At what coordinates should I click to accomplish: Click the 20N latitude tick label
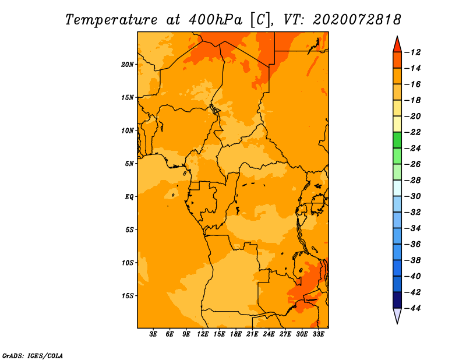(128, 65)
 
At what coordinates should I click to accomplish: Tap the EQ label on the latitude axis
(129, 197)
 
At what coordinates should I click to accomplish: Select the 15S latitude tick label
(128, 296)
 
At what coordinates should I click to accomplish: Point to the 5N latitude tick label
(129, 164)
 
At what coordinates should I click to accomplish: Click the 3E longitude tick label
(153, 334)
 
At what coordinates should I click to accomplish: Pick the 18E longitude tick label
(236, 334)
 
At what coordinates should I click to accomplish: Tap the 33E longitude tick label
(318, 334)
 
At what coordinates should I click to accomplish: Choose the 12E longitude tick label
(203, 334)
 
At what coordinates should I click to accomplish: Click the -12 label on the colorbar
(412, 52)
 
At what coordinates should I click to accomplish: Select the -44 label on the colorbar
(412, 308)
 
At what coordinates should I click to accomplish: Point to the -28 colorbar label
(412, 180)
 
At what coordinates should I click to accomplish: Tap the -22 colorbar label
(412, 132)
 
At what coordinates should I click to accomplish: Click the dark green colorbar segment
(397, 140)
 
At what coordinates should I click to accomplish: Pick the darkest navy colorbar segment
(397, 300)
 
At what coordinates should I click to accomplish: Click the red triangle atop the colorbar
(397, 45)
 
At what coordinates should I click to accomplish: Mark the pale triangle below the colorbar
(397, 316)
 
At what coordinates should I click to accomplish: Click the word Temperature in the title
(111, 20)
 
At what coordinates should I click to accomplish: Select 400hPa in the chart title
(216, 20)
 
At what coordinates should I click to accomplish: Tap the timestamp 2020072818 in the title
(357, 20)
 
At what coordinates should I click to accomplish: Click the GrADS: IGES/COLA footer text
(33, 356)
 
